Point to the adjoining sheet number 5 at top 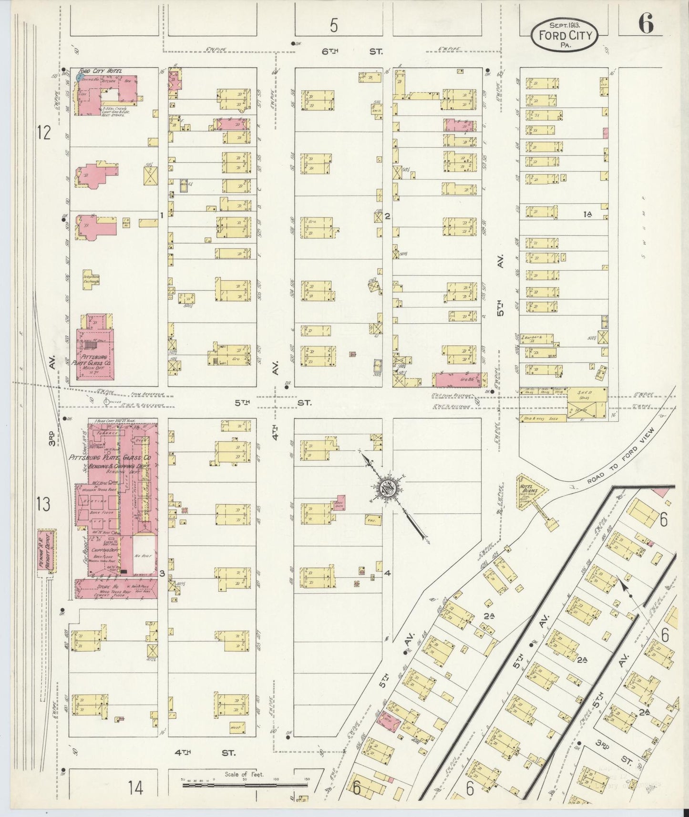click(334, 25)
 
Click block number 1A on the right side click(587, 214)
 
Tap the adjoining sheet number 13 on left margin click(43, 504)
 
